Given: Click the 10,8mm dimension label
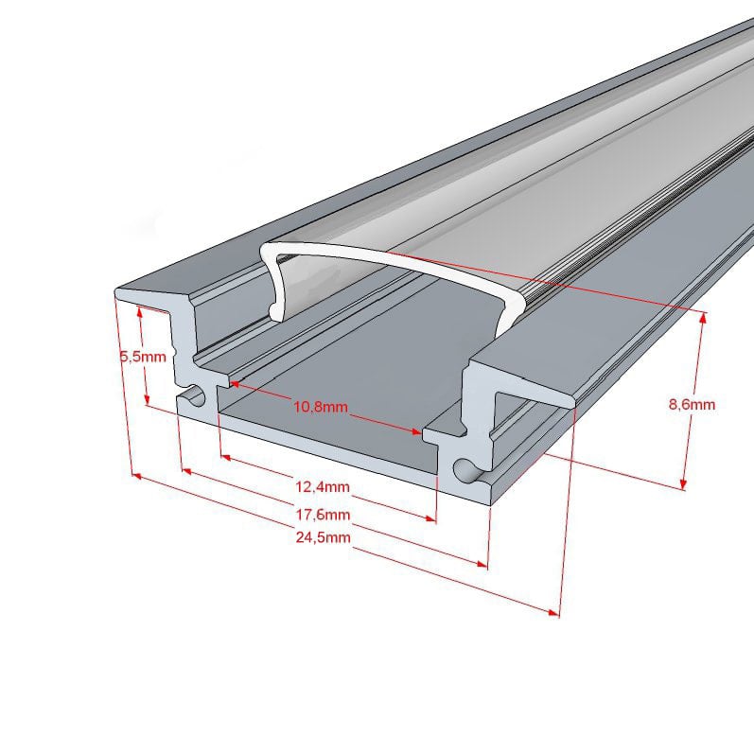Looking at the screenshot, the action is click(x=321, y=407).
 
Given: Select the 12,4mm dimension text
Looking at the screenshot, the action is click(x=323, y=486).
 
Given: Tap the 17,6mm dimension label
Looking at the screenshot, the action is click(x=323, y=515).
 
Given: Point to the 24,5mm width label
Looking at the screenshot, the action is click(x=324, y=537).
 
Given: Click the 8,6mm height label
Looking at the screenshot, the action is click(x=692, y=404).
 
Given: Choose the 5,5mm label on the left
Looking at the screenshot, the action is click(x=143, y=357).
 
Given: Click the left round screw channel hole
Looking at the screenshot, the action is click(x=193, y=395).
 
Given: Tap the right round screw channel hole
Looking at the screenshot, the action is click(x=465, y=470).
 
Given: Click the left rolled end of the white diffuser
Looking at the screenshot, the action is click(x=276, y=311).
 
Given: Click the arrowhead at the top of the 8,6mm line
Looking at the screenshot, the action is click(x=704, y=318).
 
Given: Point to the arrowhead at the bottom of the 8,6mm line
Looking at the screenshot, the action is click(x=683, y=483).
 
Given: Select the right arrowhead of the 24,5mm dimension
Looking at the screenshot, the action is click(x=553, y=612).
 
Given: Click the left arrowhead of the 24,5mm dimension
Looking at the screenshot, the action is click(x=137, y=476).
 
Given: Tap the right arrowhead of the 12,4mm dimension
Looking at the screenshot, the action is click(x=430, y=517).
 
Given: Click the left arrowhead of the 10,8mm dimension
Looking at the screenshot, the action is click(x=236, y=384).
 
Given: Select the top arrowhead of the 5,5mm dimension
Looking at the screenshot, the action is click(x=139, y=312).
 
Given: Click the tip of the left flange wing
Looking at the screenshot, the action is click(x=115, y=292).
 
